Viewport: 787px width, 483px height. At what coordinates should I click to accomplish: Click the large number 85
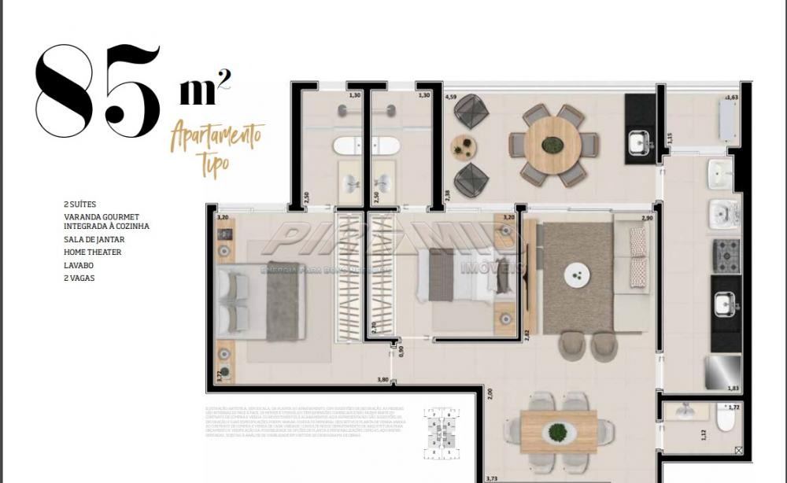pyautogui.click(x=98, y=88)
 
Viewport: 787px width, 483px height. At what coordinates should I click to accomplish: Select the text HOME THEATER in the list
pyautogui.click(x=93, y=253)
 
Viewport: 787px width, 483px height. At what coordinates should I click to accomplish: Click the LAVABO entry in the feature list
pyautogui.click(x=79, y=265)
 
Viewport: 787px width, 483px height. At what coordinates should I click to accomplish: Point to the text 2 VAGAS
pyautogui.click(x=79, y=278)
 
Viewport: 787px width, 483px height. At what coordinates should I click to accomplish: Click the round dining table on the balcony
pyautogui.click(x=552, y=146)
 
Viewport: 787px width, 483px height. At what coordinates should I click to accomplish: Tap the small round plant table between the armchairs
pyautogui.click(x=464, y=147)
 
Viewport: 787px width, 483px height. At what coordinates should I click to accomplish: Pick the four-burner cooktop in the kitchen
pyautogui.click(x=726, y=256)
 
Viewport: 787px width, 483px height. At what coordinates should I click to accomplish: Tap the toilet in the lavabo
pyautogui.click(x=725, y=421)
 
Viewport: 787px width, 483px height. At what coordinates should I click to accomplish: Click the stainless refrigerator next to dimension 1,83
pyautogui.click(x=723, y=371)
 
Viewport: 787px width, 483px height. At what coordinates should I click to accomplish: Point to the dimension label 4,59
pyautogui.click(x=451, y=98)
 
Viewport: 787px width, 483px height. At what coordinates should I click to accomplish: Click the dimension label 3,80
pyautogui.click(x=383, y=380)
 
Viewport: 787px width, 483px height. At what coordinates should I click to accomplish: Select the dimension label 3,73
pyautogui.click(x=492, y=477)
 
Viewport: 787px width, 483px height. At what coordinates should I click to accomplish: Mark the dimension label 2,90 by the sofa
pyautogui.click(x=647, y=217)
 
